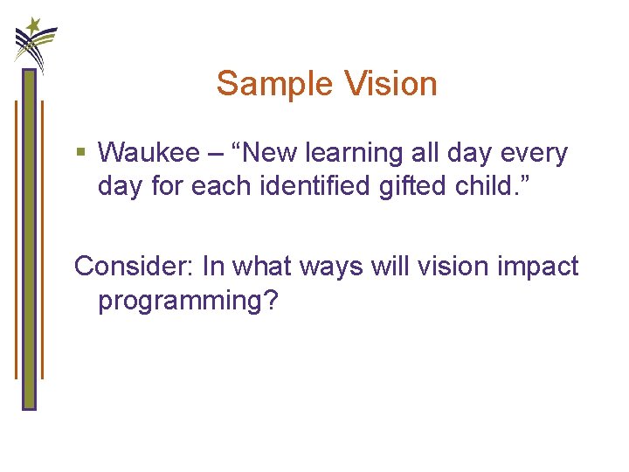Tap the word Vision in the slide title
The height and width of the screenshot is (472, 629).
coord(391,84)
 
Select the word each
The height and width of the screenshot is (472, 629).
coord(213,187)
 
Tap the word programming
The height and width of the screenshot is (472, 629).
coord(180,302)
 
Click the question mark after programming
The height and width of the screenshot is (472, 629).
coord(271,300)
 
